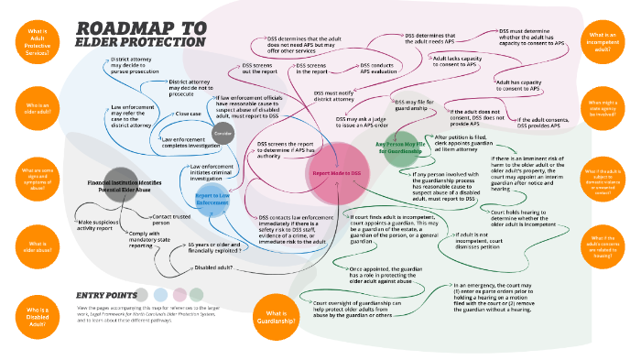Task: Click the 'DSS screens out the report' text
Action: (x=260, y=70)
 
